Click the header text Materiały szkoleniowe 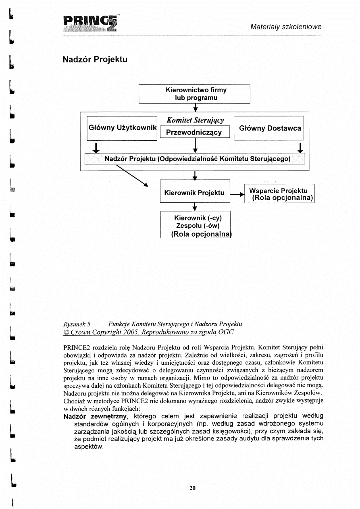tap(286, 27)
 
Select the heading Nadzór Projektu tap(95, 60)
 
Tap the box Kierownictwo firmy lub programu tap(195, 94)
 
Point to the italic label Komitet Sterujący tap(195, 120)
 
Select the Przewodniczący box tap(195, 132)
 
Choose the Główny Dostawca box tap(269, 128)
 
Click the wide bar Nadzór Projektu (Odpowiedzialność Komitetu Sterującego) tap(195, 159)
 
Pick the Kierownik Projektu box tap(195, 193)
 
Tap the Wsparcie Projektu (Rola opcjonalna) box tap(279, 194)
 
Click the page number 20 tap(192, 488)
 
